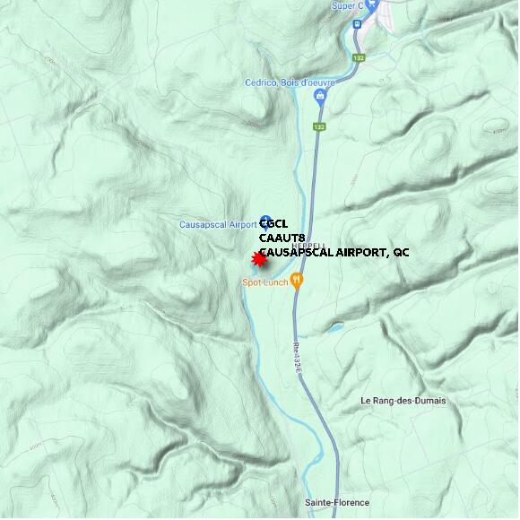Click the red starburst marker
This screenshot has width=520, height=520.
tap(259, 259)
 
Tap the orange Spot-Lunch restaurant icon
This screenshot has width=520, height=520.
tap(298, 281)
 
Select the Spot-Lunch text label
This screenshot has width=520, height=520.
tap(264, 282)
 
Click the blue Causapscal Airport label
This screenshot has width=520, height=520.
tap(218, 224)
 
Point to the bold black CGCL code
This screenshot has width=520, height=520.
tap(275, 224)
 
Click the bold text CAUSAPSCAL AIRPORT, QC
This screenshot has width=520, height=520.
tap(334, 253)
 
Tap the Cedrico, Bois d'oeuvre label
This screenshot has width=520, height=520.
tap(290, 82)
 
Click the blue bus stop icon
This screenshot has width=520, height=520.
tap(356, 25)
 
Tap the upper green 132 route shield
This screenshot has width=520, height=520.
tap(360, 57)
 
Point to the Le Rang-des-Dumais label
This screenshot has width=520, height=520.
tap(403, 400)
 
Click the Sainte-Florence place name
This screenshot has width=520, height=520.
tap(336, 502)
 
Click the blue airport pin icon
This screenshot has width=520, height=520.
tap(265, 221)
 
